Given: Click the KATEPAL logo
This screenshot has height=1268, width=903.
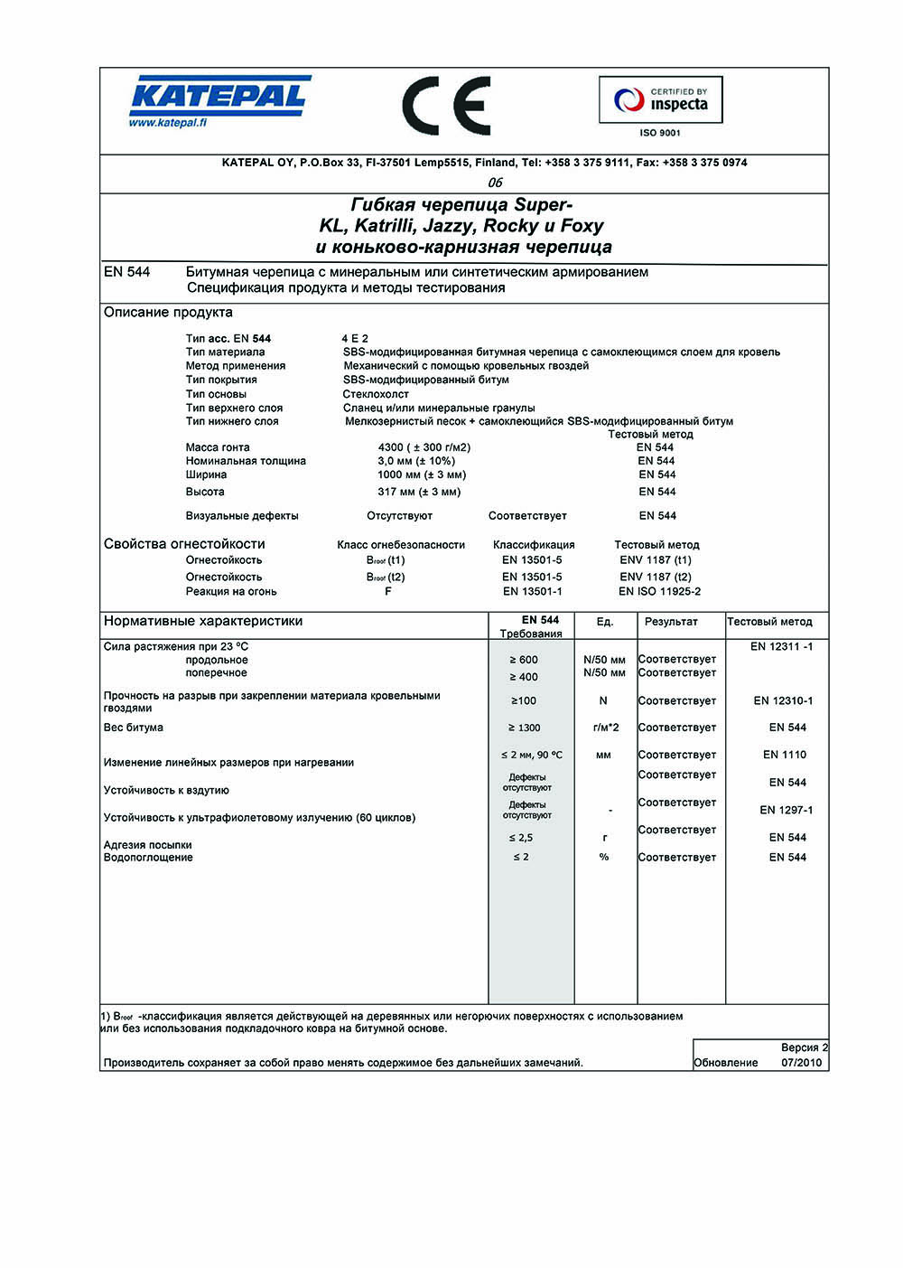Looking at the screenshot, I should [219, 95].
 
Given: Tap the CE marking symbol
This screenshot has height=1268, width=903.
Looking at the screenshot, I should [446, 106].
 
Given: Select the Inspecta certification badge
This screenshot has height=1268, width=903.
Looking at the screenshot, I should [660, 100].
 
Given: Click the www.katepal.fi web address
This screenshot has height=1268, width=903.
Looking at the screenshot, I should [167, 123].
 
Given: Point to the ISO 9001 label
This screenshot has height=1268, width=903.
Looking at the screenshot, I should [660, 133].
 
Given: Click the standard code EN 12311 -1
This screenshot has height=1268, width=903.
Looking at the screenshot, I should [781, 646].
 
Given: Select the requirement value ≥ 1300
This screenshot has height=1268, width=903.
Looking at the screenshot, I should [524, 728].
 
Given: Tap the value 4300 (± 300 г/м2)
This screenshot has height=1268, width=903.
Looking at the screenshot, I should [424, 447].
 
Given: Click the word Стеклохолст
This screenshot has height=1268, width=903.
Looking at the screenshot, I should [376, 394].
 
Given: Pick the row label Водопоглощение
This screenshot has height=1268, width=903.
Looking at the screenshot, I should [148, 857].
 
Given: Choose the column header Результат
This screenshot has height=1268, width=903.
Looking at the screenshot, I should [671, 622].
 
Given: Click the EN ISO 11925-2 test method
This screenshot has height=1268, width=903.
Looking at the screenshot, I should [659, 592].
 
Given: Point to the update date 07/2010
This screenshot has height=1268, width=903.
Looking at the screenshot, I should [802, 1063].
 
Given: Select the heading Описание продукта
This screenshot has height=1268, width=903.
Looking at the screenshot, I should [168, 313].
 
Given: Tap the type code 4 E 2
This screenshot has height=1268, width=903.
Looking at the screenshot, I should [355, 339].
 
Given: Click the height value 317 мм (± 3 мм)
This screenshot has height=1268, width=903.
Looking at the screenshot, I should [419, 492].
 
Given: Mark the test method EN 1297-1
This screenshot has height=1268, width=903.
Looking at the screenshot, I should [786, 810].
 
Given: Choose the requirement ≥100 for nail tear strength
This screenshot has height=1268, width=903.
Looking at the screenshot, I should [524, 700].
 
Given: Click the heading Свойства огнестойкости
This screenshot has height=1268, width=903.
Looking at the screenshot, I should [184, 544].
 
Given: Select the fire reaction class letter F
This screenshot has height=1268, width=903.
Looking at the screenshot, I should [388, 592].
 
